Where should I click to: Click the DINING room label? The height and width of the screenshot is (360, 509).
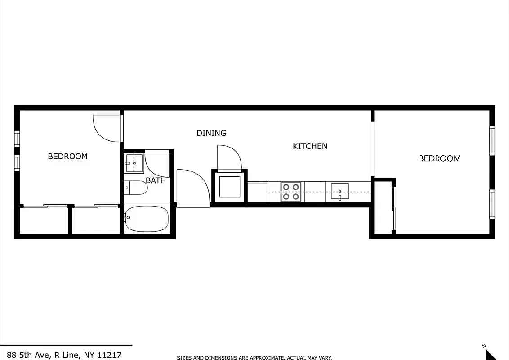[211, 133]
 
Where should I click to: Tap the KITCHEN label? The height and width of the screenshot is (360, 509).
[310, 146]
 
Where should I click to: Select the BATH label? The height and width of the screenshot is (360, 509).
[156, 180]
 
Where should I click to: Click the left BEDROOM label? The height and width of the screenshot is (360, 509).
[67, 157]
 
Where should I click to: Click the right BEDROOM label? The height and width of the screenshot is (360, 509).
[439, 158]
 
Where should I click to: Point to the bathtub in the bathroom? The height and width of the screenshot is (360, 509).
[147, 219]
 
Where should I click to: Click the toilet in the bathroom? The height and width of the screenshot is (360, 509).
[135, 187]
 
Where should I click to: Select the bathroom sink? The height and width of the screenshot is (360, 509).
[134, 163]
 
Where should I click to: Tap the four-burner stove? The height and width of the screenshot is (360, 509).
[291, 191]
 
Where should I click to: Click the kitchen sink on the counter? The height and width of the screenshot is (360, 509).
[340, 191]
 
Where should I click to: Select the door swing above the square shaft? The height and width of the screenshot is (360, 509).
[228, 157]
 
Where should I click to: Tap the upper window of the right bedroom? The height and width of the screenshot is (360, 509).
[492, 141]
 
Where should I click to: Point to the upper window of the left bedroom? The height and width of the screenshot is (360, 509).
[17, 138]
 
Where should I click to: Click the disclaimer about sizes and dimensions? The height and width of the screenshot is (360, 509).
[254, 358]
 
